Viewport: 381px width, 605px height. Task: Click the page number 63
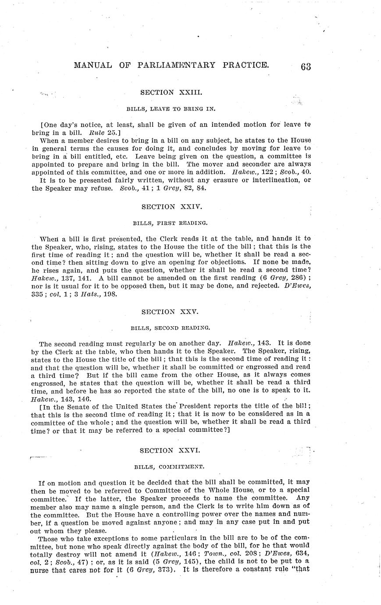[306, 66]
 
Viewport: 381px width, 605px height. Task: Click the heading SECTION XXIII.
[171, 93]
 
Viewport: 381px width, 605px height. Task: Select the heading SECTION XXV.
[170, 312]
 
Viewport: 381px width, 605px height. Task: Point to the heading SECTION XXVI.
[171, 450]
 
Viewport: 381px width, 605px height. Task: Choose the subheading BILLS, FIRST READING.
[171, 223]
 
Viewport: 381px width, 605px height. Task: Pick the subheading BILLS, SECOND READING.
[171, 327]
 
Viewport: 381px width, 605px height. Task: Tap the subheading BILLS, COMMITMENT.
[171, 467]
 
